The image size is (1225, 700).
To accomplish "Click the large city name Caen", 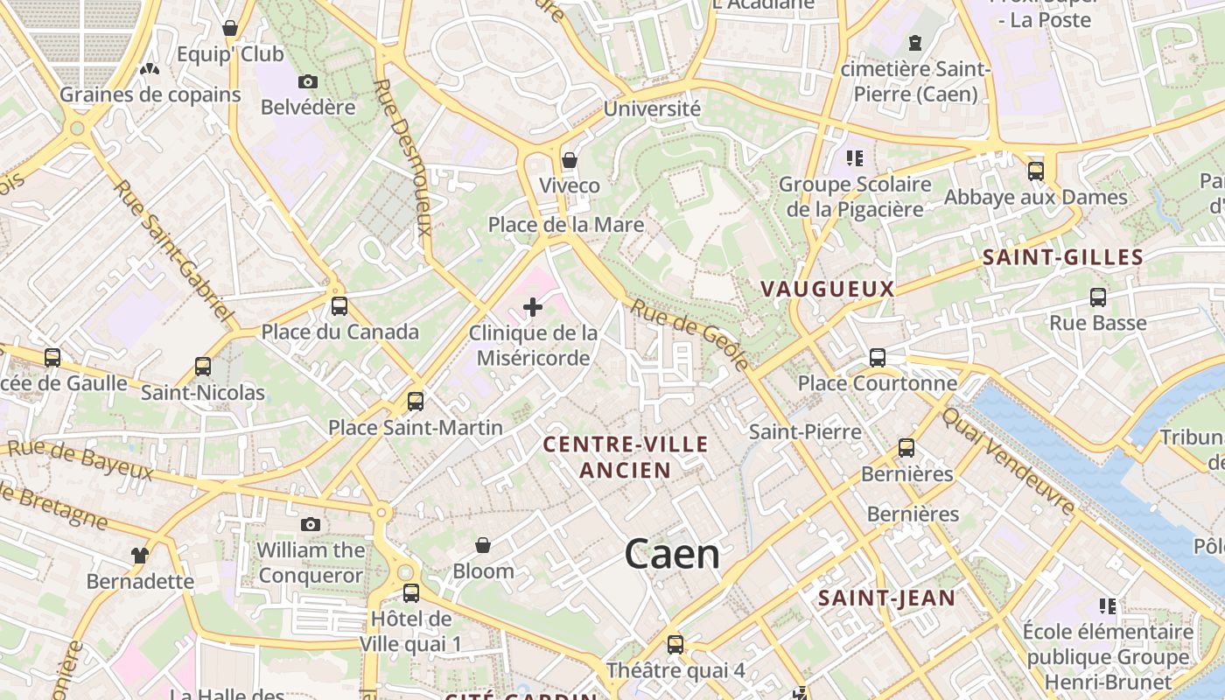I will [x=672, y=555].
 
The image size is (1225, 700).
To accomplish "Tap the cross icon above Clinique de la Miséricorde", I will [x=533, y=307].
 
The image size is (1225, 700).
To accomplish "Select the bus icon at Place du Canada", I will [x=339, y=306].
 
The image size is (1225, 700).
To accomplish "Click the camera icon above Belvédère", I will [x=308, y=82].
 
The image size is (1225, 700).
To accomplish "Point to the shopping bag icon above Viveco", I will [x=570, y=160].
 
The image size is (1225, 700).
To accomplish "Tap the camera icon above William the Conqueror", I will [x=311, y=525].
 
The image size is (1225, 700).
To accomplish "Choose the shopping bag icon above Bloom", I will [x=483, y=546].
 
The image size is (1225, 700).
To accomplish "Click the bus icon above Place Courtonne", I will [x=878, y=358].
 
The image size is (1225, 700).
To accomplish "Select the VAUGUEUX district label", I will [x=827, y=289].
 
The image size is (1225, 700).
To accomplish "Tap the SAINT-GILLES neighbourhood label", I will [x=1062, y=257].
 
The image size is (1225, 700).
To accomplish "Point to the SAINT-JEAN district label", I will [x=886, y=598].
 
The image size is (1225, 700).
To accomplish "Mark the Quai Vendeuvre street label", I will [x=1008, y=461].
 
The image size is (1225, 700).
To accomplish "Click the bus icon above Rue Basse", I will [x=1098, y=297].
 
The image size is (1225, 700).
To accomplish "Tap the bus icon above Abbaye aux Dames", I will [x=1036, y=171].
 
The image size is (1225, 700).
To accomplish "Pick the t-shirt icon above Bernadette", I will [x=140, y=555].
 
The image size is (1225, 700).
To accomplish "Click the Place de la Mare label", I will [x=565, y=225].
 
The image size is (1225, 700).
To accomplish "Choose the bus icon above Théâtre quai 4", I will [x=675, y=645].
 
